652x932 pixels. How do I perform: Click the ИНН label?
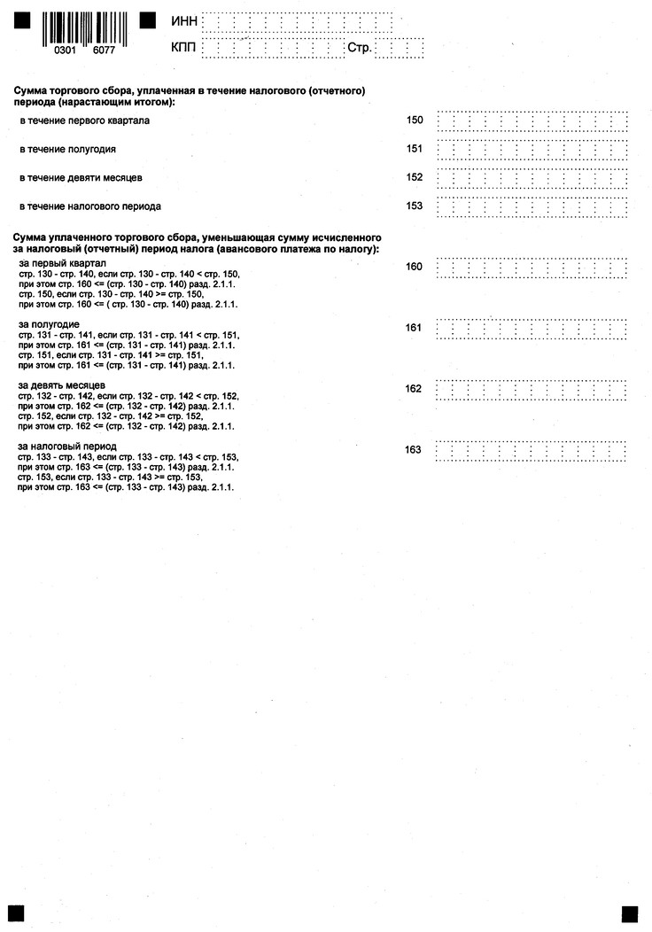click(183, 20)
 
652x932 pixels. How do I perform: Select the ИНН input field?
click(298, 21)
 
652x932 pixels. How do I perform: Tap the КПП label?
click(183, 47)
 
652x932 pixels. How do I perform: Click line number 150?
click(415, 120)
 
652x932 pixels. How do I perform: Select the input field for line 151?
click(532, 149)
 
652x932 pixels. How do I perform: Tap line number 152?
click(415, 177)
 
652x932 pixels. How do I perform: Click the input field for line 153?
click(532, 207)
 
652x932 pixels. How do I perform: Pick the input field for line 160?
click(532, 267)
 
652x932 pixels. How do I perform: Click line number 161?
click(414, 328)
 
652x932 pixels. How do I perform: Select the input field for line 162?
click(532, 390)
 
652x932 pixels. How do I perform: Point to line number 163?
click(414, 450)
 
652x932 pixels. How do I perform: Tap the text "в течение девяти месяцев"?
click(81, 178)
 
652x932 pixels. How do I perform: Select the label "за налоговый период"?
click(67, 446)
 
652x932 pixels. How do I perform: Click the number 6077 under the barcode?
click(104, 51)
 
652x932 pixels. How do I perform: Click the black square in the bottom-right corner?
click(630, 913)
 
